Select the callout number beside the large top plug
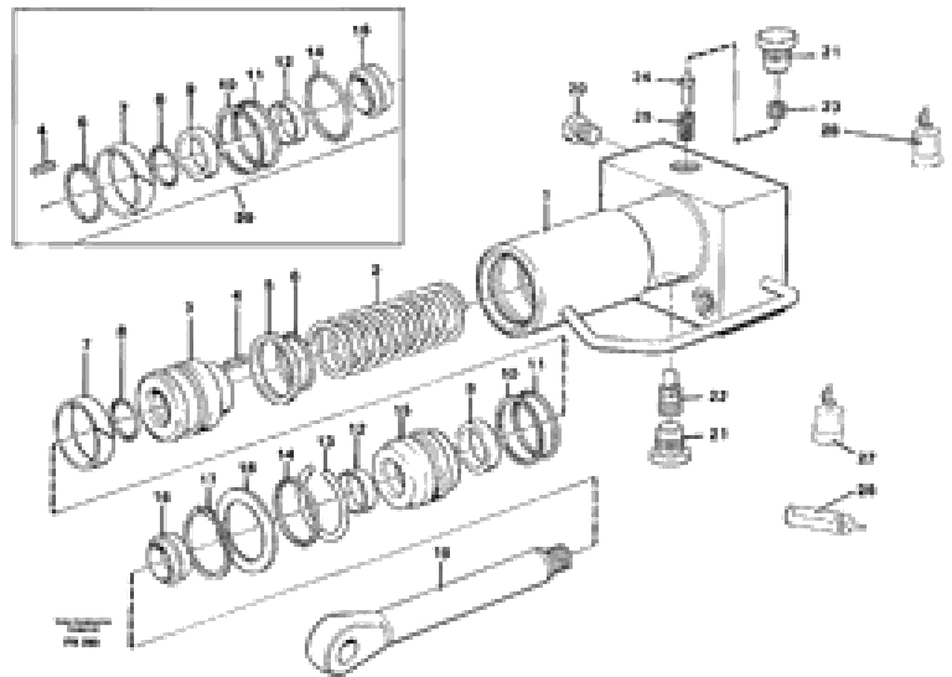(831, 53)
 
